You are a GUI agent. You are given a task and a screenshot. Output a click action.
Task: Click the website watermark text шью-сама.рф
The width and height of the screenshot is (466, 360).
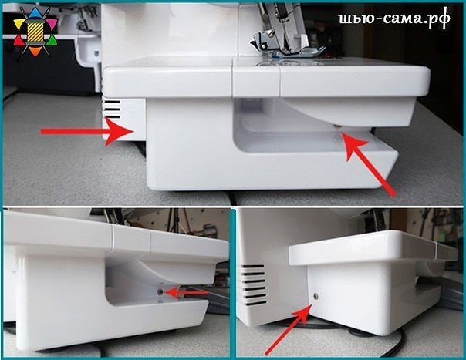pyautogui.click(x=394, y=19)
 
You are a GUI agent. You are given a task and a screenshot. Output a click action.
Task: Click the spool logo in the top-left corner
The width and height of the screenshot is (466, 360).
pyautogui.click(x=35, y=32)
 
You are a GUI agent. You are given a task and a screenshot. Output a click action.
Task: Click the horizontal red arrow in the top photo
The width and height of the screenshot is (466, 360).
pyautogui.click(x=88, y=132)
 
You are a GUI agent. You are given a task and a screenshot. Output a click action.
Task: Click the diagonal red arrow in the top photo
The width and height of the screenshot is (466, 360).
pyautogui.click(x=369, y=164)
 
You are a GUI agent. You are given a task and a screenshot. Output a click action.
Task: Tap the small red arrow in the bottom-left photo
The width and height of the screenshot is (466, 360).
pyautogui.click(x=186, y=292)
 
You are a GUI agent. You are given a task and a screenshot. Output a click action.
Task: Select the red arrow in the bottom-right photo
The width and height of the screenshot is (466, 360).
pyautogui.click(x=288, y=330)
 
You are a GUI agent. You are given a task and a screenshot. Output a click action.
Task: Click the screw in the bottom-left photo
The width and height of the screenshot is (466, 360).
pyautogui.click(x=160, y=292)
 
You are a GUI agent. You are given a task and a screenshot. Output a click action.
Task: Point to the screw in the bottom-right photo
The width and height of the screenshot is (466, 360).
pyautogui.click(x=316, y=296)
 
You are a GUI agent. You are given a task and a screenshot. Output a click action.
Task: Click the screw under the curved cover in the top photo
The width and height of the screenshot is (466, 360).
pyautogui.click(x=337, y=127)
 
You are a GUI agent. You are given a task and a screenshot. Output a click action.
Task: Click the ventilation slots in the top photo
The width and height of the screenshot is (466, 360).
pyautogui.click(x=112, y=109)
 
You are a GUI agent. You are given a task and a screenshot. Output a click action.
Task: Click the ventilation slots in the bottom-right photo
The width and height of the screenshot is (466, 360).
pyautogui.click(x=253, y=285)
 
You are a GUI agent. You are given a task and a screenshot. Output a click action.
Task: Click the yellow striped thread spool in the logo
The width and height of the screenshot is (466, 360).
pyautogui.click(x=35, y=32)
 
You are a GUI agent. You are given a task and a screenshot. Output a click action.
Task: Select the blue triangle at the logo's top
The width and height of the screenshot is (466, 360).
pyautogui.click(x=35, y=12)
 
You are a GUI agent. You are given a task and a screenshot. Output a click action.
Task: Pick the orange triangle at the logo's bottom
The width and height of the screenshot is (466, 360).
pyautogui.click(x=35, y=52)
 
